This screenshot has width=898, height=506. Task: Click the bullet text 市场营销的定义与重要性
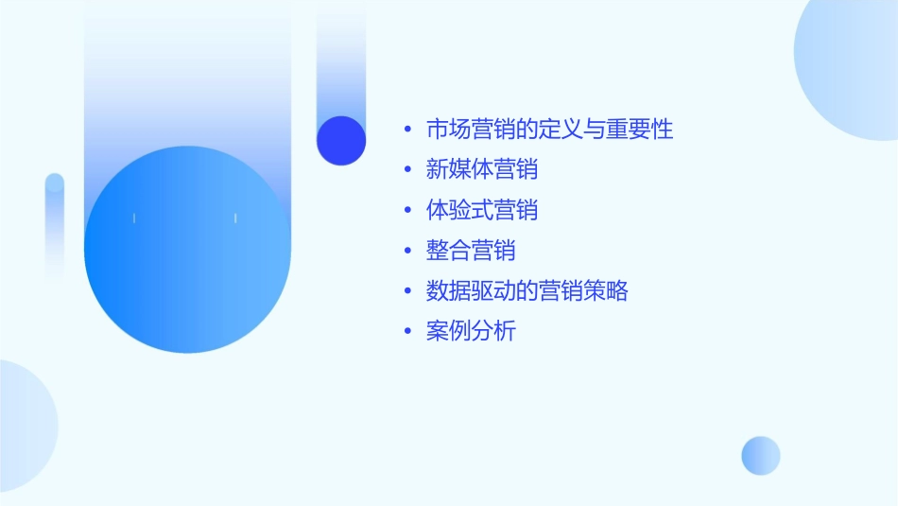click(549, 130)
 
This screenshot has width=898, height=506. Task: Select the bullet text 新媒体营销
click(482, 170)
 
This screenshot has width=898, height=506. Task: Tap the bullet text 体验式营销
click(482, 210)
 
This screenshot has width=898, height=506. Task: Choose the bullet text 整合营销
click(471, 251)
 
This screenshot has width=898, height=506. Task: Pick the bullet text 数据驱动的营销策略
click(527, 291)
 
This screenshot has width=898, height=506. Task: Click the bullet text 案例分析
click(471, 332)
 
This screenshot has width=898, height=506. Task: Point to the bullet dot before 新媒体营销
click(407, 170)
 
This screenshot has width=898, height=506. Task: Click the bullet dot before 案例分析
click(407, 332)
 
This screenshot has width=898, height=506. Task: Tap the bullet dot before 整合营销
click(407, 251)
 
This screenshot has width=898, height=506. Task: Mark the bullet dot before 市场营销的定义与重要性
click(407, 130)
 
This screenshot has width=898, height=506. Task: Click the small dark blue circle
click(341, 140)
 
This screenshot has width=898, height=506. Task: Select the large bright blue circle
click(187, 250)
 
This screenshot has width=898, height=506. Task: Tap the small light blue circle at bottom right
click(761, 455)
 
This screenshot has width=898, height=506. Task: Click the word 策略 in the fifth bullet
click(606, 291)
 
